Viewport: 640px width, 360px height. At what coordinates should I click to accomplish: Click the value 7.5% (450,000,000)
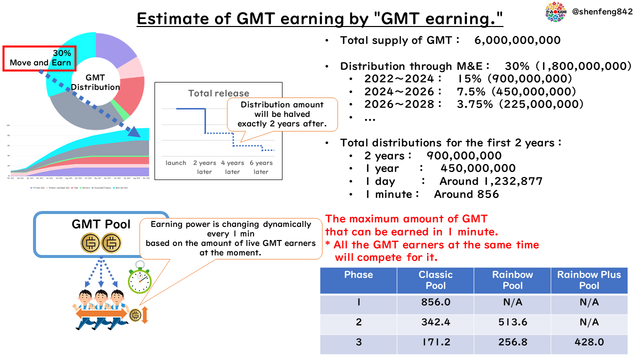pos(516,91)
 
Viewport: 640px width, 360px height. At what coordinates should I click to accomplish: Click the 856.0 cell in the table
pos(435,302)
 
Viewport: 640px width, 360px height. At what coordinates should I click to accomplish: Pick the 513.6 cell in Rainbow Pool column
pos(512,322)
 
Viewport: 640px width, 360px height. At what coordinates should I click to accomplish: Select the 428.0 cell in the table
pos(589,342)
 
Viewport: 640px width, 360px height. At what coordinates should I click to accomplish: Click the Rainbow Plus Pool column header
pos(589,280)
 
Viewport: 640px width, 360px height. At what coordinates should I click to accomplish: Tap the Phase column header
pos(358,274)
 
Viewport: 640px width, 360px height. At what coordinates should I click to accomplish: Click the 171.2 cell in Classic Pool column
pos(435,342)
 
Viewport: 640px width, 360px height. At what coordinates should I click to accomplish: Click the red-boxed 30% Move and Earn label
pos(39,58)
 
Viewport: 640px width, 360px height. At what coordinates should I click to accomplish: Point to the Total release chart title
pos(218,93)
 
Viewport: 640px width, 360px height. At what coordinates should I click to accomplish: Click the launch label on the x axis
pos(176,163)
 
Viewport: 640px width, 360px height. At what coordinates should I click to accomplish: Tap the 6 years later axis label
pos(261,167)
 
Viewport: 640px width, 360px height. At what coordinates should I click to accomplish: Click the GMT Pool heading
pos(101,224)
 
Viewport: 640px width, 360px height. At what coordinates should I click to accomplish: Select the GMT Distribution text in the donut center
pos(95,82)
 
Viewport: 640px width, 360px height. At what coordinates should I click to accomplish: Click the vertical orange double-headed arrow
pos(145,315)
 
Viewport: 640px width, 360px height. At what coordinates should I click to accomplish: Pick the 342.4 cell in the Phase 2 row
pos(435,322)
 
